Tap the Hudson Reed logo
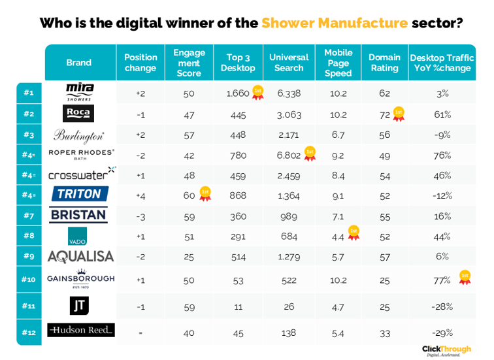pyautogui.click(x=80, y=330)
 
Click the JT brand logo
pyautogui.click(x=79, y=305)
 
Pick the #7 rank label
pyautogui.click(x=29, y=215)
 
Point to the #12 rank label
pyautogui.click(x=29, y=332)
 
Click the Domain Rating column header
pyautogui.click(x=384, y=63)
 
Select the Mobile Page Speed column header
pyautogui.click(x=338, y=63)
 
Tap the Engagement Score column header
pyautogui.click(x=189, y=63)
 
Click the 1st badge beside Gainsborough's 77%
pyautogui.click(x=465, y=277)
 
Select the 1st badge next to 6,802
pyautogui.click(x=310, y=154)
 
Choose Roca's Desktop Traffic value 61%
pyautogui.click(x=442, y=114)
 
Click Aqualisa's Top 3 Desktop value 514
pyautogui.click(x=238, y=257)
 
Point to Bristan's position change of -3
pyautogui.click(x=140, y=216)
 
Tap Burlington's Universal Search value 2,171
pyautogui.click(x=288, y=135)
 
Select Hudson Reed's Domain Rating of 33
pyautogui.click(x=384, y=333)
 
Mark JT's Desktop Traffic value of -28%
pyautogui.click(x=442, y=306)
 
